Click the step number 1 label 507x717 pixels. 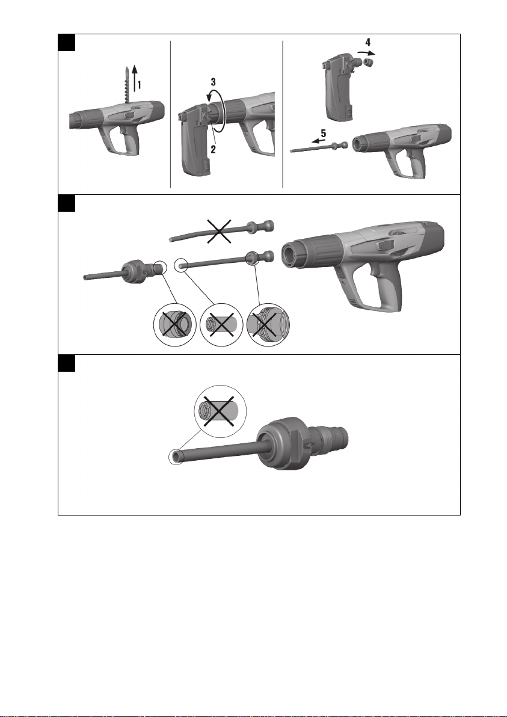[140, 85]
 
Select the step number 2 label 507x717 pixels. [213, 149]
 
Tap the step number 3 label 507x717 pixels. [213, 82]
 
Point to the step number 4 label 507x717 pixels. [367, 42]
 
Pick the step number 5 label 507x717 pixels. [323, 134]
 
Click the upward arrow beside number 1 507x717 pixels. [134, 78]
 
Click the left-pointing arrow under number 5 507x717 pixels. [319, 141]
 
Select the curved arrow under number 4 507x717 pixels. [366, 53]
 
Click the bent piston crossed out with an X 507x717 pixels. [222, 231]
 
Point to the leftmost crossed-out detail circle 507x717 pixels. [174, 325]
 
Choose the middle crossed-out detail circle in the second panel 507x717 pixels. [221, 325]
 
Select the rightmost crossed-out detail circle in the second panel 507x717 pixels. [268, 325]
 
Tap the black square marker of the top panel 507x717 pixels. [66, 42]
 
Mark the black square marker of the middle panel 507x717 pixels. [66, 203]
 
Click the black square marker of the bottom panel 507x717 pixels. [66, 363]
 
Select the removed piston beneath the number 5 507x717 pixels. [319, 147]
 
